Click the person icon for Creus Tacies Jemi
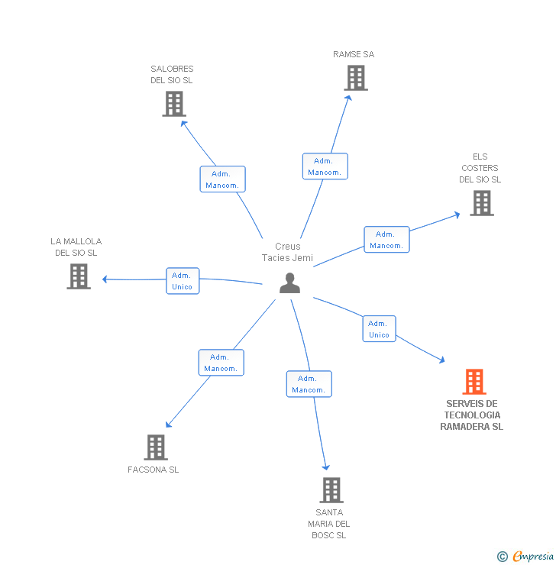pos(289,283)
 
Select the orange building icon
pos(474,381)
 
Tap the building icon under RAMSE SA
pos(355,78)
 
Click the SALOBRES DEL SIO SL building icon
pos(174,104)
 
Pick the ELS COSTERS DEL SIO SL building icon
pos(481,203)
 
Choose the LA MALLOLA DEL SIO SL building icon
pos(79,276)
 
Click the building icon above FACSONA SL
pos(156,447)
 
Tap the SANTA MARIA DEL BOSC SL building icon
pos(331,490)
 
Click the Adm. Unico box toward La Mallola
pos(183,281)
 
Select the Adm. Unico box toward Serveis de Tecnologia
pos(379,328)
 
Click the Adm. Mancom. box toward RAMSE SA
pos(325,166)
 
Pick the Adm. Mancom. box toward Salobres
pos(222,179)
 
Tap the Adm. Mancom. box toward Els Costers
pos(386,240)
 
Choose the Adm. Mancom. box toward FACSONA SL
pos(221,363)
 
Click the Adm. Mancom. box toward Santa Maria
pos(309,384)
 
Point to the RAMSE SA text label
pos(354,54)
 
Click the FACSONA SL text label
pos(154,470)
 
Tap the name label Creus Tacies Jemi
pos(288,252)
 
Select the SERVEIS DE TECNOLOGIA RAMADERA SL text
pos(472,415)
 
